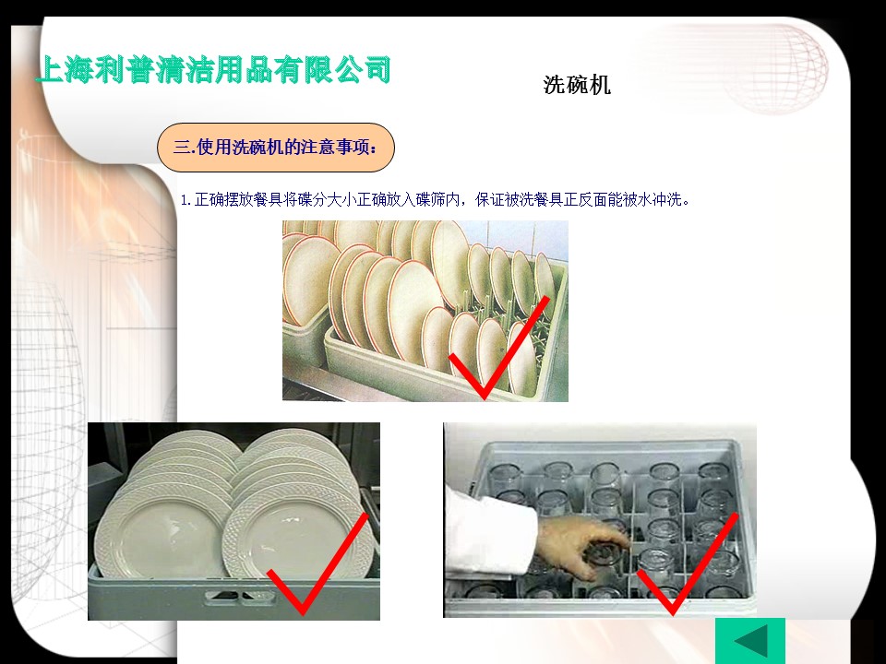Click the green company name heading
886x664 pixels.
[x=213, y=70]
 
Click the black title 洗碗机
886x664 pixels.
[x=577, y=85]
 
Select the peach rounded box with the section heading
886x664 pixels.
[x=276, y=148]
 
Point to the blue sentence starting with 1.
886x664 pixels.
[x=435, y=199]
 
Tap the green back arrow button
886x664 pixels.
[x=749, y=641]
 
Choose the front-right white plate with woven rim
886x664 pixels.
[x=296, y=534]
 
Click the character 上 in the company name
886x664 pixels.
[x=50, y=71]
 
